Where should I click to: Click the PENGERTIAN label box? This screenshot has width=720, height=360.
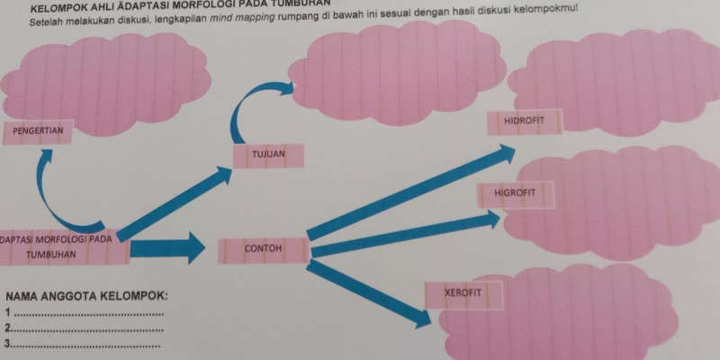pyautogui.click(x=37, y=130)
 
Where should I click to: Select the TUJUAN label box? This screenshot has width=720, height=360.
pyautogui.click(x=267, y=155)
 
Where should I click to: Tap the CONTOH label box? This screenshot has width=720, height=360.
pyautogui.click(x=263, y=248)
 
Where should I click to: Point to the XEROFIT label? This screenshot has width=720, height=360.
pyautogui.click(x=463, y=294)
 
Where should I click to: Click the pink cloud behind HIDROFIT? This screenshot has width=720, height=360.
pyautogui.click(x=621, y=81)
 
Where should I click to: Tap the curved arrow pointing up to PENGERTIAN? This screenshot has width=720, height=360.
pyautogui.click(x=54, y=193)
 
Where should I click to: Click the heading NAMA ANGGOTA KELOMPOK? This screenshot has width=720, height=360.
pyautogui.click(x=86, y=297)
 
